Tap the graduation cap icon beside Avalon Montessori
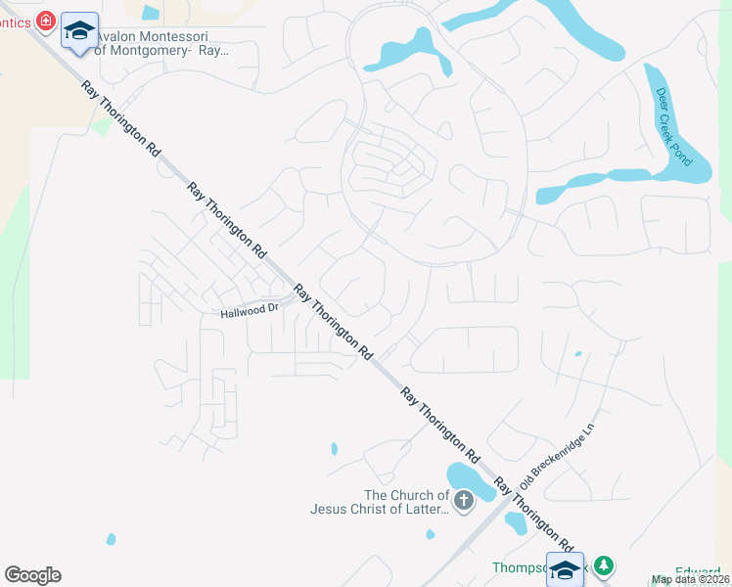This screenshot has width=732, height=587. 78,30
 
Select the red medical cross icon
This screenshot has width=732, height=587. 45,20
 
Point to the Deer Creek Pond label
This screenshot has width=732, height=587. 673,126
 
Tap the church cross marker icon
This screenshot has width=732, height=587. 464,502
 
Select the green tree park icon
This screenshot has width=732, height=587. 605,564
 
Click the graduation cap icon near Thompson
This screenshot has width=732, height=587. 566,570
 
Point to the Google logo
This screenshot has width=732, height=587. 32,575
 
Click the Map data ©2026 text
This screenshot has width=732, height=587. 691,579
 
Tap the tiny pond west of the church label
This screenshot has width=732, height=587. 334,449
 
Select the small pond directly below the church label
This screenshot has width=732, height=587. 431,534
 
